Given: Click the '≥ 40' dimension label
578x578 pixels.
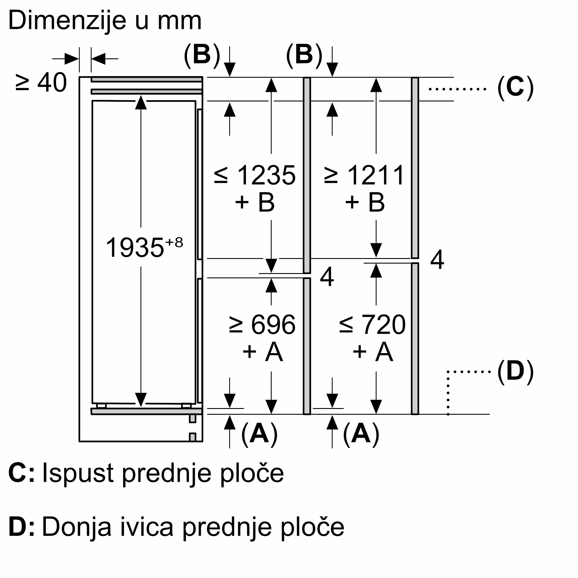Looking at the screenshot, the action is [x=41, y=83].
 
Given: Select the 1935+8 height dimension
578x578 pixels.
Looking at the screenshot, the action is [x=144, y=247].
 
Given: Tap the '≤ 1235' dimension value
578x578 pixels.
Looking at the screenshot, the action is [x=255, y=175].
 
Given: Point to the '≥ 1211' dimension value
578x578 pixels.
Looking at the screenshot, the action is [x=364, y=175].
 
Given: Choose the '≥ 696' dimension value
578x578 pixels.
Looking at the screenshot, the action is [x=262, y=325].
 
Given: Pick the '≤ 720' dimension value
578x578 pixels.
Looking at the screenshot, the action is [x=372, y=325].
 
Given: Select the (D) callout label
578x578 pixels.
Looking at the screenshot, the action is [x=516, y=372].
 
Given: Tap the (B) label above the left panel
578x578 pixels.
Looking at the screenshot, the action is [x=202, y=56].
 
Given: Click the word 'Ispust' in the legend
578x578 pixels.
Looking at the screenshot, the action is [x=77, y=473].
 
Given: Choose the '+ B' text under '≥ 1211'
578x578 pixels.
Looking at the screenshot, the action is [x=365, y=202].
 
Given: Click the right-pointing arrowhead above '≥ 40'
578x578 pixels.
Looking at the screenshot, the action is [x=72, y=59].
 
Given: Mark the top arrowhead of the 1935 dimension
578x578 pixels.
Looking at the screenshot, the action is [x=141, y=102].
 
